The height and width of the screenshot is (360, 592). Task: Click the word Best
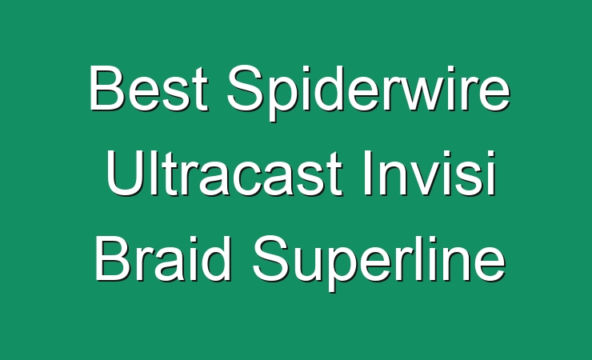148,88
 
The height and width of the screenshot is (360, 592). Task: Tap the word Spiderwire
368,93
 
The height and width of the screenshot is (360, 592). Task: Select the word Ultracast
224,173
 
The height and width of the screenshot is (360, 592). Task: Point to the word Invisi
429,173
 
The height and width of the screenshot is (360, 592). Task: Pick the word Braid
162,258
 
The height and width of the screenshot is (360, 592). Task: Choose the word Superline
378,262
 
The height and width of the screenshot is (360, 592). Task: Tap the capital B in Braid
113,258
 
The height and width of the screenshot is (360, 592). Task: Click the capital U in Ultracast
124,174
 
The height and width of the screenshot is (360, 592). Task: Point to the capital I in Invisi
366,173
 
